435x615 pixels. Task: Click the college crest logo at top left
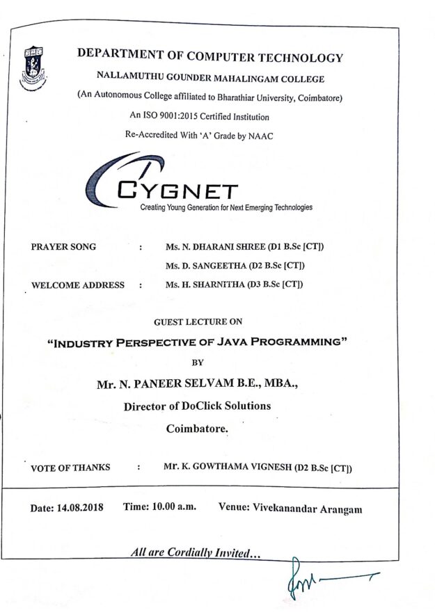[x=32, y=63]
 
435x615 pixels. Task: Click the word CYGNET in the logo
[x=178, y=191]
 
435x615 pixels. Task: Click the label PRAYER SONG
[x=64, y=247]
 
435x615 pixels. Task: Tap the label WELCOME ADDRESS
[x=78, y=285]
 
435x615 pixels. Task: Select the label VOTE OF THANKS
[x=70, y=468]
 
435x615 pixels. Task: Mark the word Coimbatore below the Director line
[x=196, y=429]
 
